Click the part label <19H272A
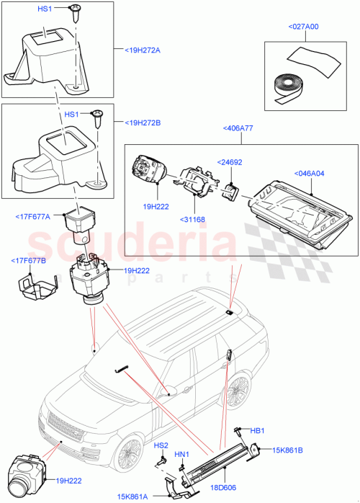(x=137, y=50)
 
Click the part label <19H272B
(x=137, y=123)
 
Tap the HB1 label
(x=256, y=430)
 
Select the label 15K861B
(x=288, y=450)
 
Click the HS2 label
(x=161, y=445)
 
